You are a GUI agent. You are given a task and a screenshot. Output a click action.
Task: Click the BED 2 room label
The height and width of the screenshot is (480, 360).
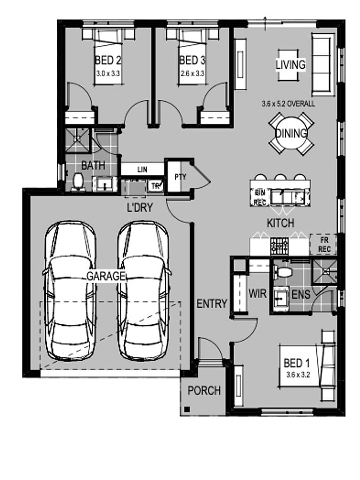(x=108, y=60)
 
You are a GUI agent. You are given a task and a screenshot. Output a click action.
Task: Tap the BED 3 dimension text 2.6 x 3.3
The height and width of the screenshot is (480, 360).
(x=192, y=74)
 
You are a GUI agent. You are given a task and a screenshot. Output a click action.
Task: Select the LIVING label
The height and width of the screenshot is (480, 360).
(x=291, y=65)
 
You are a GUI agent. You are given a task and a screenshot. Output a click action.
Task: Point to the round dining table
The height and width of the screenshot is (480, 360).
(x=291, y=133)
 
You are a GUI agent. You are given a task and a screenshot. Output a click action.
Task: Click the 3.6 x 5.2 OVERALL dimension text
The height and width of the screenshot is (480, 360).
(x=288, y=104)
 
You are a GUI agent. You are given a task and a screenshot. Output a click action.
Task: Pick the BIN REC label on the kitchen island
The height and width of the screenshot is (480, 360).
(x=260, y=197)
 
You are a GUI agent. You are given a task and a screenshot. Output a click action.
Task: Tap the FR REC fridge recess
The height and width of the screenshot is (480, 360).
(x=324, y=245)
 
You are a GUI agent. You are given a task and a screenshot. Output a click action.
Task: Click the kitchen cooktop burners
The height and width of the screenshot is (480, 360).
(x=279, y=246)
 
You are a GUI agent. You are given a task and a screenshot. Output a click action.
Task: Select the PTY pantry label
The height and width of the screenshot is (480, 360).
(x=180, y=177)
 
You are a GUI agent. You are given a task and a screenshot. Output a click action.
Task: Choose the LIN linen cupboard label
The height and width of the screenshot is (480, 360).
(x=142, y=169)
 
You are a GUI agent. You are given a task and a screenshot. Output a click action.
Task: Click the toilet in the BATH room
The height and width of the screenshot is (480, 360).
(x=78, y=182)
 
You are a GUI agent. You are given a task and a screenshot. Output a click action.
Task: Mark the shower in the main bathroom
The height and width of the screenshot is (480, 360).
(x=77, y=140)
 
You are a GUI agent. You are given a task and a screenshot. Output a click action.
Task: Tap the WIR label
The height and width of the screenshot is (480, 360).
(x=258, y=294)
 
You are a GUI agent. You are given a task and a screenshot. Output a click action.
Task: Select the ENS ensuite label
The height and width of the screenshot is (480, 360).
(x=301, y=295)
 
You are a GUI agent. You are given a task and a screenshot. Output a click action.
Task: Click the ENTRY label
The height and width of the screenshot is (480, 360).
(x=212, y=303)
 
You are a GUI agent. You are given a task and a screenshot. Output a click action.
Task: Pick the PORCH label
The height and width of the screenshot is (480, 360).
(x=204, y=390)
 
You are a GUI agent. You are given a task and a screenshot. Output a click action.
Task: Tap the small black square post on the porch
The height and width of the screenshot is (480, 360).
(x=187, y=409)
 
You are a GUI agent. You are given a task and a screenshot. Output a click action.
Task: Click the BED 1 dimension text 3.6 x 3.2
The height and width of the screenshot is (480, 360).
(x=298, y=375)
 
